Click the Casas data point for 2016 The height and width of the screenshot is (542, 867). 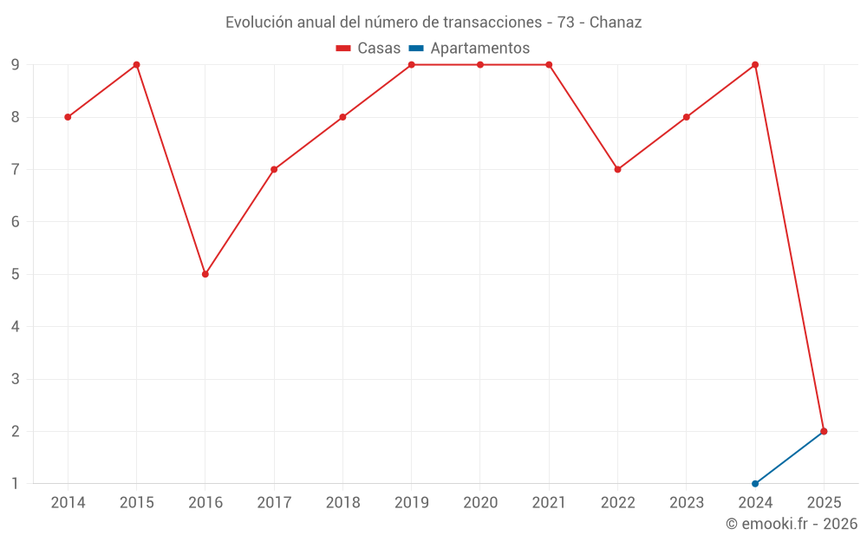pos(205,274)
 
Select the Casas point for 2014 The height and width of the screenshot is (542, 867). pos(68,117)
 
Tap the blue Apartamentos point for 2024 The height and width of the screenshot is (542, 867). pos(755,483)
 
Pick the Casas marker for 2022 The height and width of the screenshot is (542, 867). pos(617,169)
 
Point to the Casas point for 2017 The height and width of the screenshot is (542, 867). pos(274,169)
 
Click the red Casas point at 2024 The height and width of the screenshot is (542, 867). pos(755,65)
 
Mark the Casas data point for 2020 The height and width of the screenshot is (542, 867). pos(480,65)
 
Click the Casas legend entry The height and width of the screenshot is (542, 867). pos(368,49)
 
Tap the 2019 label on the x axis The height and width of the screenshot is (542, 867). pos(412,502)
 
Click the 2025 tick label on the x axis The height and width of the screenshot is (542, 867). pos(824,502)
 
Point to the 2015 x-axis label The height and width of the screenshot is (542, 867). pos(137,502)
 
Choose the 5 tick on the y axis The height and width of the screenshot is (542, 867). pos(15,274)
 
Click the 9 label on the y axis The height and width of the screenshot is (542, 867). pos(15,65)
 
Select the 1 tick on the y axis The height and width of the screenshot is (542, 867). pos(15,483)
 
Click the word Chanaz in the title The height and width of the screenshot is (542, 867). pos(616,23)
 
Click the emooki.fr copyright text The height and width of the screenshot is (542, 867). pos(792,524)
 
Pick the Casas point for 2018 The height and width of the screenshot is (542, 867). pos(342,117)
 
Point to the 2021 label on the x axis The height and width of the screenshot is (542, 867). pos(549,502)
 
